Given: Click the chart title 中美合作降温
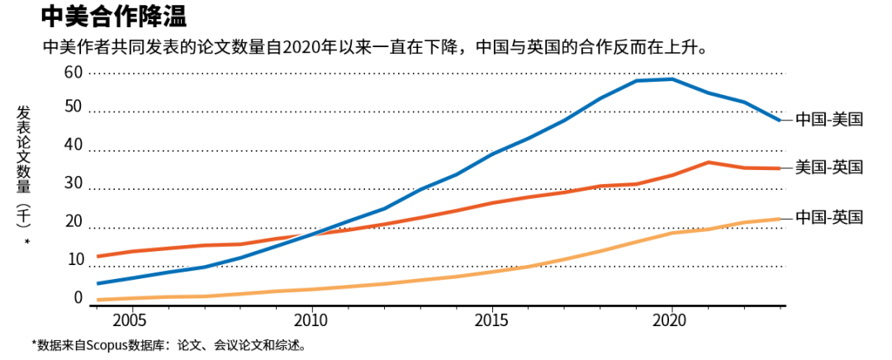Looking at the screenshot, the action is (x=113, y=17).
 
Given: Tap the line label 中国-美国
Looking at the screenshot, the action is (x=829, y=120).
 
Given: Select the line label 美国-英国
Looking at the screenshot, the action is (x=829, y=168).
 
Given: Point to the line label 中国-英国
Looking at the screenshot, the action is (x=829, y=217).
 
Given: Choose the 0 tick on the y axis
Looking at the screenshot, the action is (x=78, y=298).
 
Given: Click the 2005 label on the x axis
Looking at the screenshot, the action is (x=132, y=319).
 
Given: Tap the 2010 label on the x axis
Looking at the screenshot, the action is (x=311, y=319).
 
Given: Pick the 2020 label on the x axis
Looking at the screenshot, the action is (x=671, y=319).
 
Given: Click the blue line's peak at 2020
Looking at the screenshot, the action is (x=671, y=79).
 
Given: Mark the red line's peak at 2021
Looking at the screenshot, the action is (x=708, y=162).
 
